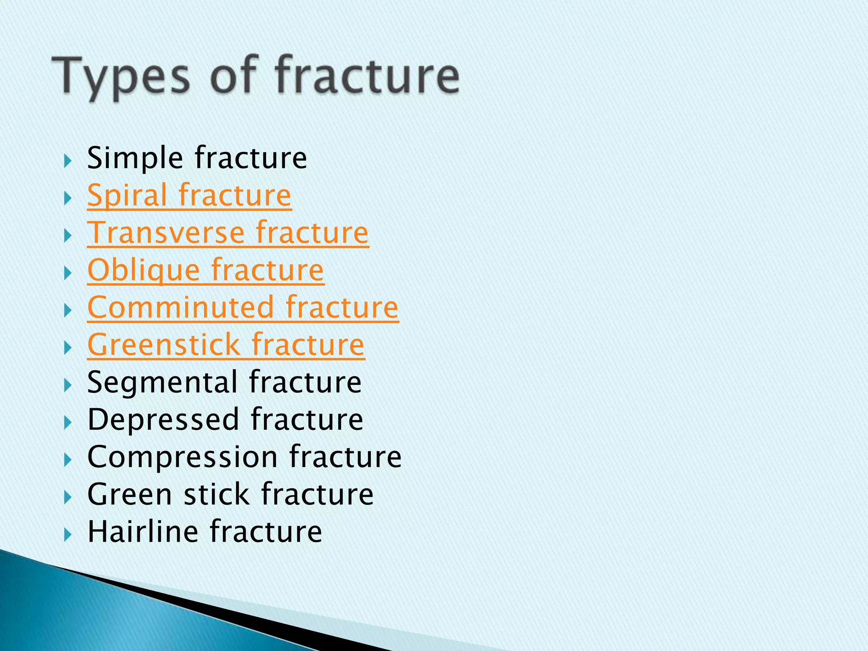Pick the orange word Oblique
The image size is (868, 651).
143,270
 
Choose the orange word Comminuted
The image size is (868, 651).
181,307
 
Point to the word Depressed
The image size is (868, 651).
164,420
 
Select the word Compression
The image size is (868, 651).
182,457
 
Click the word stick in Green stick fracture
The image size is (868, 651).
216,495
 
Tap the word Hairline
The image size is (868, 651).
142,531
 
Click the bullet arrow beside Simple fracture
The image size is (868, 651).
67,161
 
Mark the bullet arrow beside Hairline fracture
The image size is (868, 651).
67,535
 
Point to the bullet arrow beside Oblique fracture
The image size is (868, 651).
67,273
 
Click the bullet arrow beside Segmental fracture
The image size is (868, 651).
67,385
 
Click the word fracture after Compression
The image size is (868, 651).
345,457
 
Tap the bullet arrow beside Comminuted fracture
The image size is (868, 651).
67,311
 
